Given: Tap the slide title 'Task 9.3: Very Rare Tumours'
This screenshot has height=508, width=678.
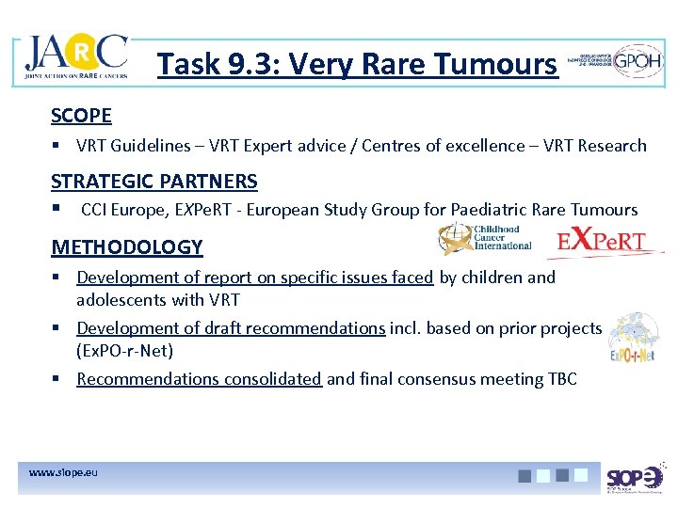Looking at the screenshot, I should pyautogui.click(x=357, y=64).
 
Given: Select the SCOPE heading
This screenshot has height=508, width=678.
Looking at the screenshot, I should pyautogui.click(x=82, y=116).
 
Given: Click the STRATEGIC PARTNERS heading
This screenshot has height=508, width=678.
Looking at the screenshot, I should pyautogui.click(x=154, y=181).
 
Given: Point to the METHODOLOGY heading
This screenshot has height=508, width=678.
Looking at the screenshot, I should pyautogui.click(x=127, y=247).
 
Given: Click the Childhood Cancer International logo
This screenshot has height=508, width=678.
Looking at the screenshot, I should pyautogui.click(x=486, y=239).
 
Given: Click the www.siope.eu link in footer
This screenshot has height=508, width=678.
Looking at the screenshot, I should pyautogui.click(x=63, y=470).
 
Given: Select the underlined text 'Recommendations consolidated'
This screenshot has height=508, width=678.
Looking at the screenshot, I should pyautogui.click(x=200, y=379).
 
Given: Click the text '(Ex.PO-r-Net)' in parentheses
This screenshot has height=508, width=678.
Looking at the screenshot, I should pyautogui.click(x=124, y=351).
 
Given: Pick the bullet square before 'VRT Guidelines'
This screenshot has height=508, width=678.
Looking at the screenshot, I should pyautogui.click(x=58, y=146).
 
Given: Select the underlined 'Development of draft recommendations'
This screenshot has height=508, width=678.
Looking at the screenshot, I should pyautogui.click(x=231, y=328).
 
